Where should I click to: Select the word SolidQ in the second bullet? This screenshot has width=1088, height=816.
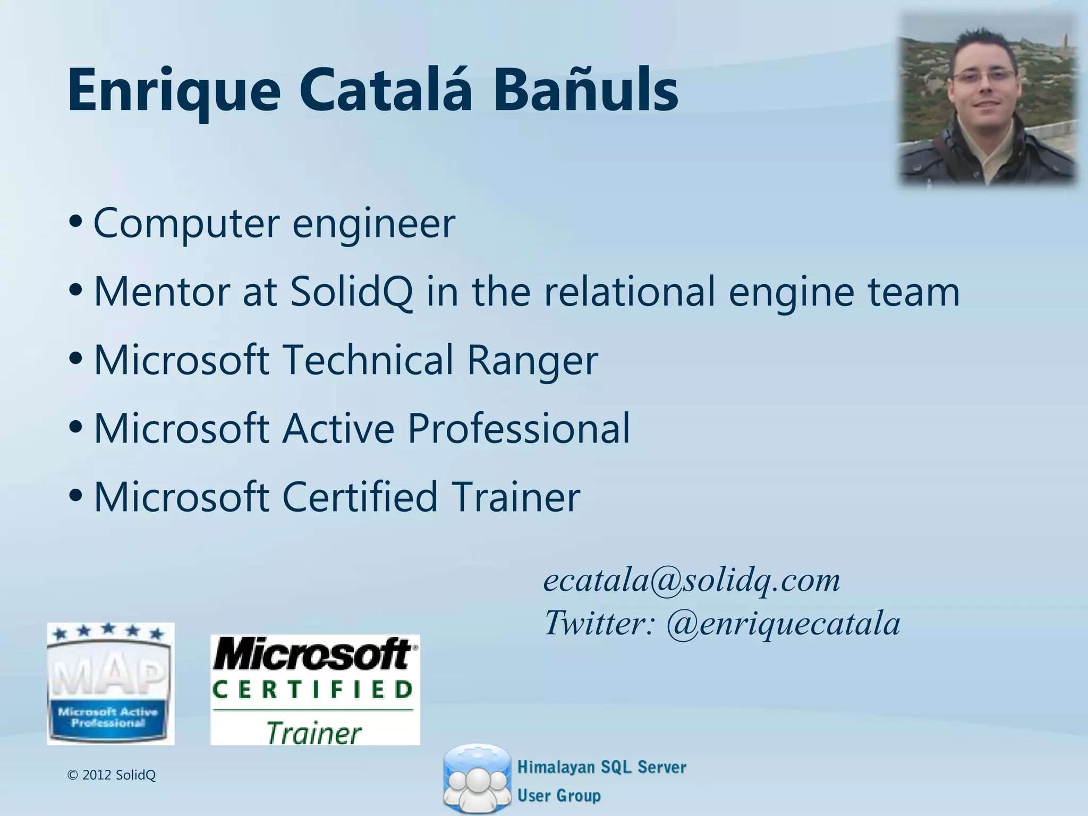351,292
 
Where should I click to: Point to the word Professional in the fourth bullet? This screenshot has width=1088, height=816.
518,429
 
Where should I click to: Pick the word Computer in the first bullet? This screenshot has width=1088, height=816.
186,224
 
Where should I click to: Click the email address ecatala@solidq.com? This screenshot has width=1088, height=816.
691,580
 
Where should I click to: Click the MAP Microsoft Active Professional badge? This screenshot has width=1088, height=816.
110,684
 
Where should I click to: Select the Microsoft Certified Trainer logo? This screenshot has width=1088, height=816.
315,690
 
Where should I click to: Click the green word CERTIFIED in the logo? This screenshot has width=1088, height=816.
313,690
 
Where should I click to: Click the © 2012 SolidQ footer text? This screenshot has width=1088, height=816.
112,775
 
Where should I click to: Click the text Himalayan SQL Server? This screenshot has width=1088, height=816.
601,767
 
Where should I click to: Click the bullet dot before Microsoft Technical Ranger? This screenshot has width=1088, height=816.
75,358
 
